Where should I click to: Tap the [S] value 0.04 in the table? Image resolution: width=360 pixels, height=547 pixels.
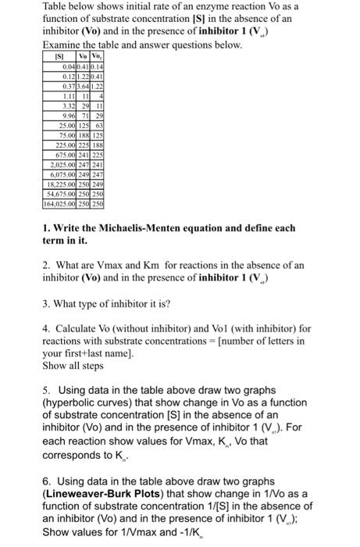(63, 68)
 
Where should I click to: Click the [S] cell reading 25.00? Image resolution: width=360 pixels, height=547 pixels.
(62, 126)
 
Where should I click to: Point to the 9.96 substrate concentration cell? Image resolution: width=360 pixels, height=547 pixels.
(63, 116)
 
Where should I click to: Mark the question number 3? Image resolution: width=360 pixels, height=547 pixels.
(46, 305)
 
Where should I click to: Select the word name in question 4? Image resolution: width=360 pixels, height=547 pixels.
(140, 353)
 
